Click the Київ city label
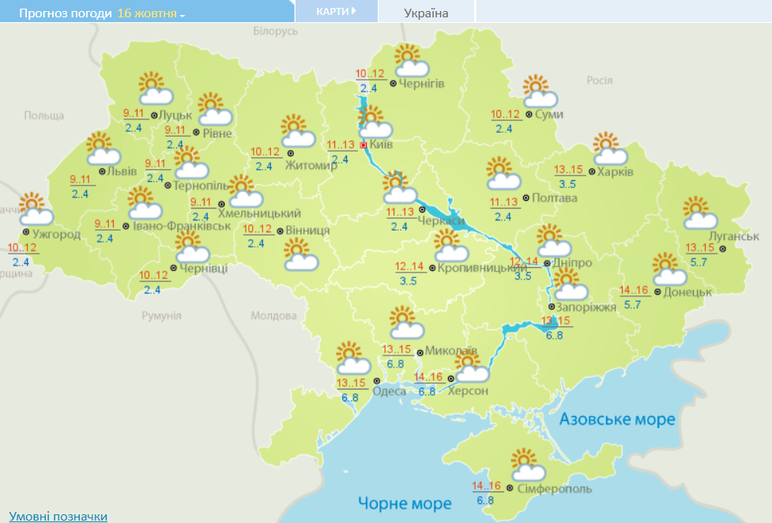pyautogui.click(x=381, y=145)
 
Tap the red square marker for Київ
pyautogui.click(x=363, y=145)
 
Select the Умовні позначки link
pyautogui.click(x=58, y=516)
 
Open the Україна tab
pyautogui.click(x=426, y=13)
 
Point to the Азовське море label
pyautogui.click(x=618, y=419)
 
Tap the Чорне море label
pyautogui.click(x=405, y=502)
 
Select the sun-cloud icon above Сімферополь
pyautogui.click(x=527, y=465)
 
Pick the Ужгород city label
pyautogui.click(x=55, y=234)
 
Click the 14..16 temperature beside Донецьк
pyautogui.click(x=635, y=290)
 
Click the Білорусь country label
pyautogui.click(x=275, y=31)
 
